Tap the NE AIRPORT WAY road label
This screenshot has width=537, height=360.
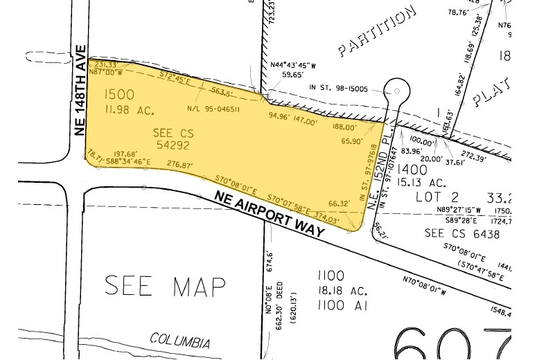tap(270, 215)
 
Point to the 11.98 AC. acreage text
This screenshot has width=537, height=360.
tap(129, 109)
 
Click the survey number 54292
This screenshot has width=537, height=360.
tap(173, 145)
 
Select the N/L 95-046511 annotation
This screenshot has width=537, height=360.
tap(213, 109)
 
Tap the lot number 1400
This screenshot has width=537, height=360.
tap(413, 170)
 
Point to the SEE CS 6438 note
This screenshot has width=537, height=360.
tap(453, 234)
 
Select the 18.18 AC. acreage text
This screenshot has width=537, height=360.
tap(330, 291)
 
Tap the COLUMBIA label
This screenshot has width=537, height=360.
tap(180, 340)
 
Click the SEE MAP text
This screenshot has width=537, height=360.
tap(166, 285)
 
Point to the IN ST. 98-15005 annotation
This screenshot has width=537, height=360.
tap(339, 88)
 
